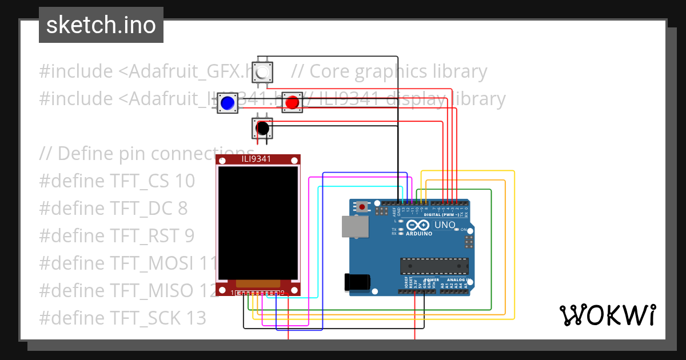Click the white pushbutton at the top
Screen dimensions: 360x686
(263, 73)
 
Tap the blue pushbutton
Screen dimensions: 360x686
(228, 103)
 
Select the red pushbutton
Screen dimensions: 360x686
(292, 102)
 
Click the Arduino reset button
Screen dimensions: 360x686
(363, 207)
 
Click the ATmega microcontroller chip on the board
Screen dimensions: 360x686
(434, 266)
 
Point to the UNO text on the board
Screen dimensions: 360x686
(445, 225)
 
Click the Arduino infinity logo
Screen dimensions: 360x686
(418, 225)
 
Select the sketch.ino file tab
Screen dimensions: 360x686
(101, 25)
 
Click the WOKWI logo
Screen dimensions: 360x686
(607, 315)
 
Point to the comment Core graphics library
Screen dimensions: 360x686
(389, 71)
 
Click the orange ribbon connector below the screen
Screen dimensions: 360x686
(258, 283)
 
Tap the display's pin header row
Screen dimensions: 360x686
(258, 293)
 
